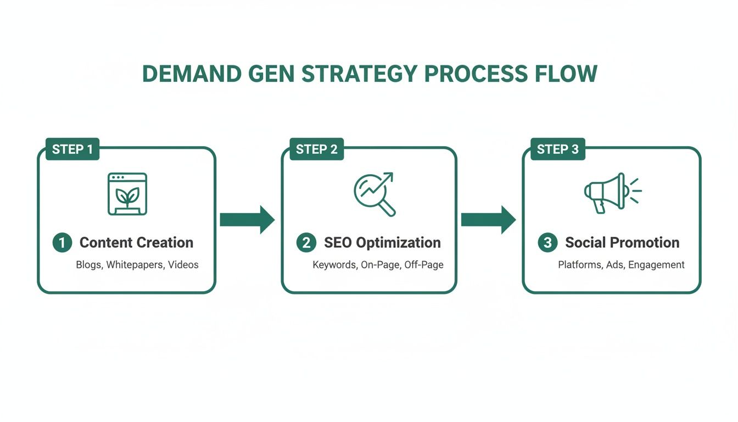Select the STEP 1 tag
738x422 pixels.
pyautogui.click(x=72, y=149)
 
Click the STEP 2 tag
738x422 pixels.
pyautogui.click(x=316, y=149)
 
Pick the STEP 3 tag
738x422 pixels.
pyautogui.click(x=557, y=149)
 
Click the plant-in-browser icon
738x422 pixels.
pyautogui.click(x=127, y=193)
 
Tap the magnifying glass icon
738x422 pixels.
pyautogui.click(x=374, y=193)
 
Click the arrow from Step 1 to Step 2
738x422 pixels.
pyautogui.click(x=247, y=220)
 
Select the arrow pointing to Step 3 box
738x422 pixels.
pyautogui.click(x=488, y=220)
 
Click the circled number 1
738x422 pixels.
pyautogui.click(x=62, y=243)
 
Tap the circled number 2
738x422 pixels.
pyautogui.click(x=306, y=243)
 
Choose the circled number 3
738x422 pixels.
pyautogui.click(x=547, y=243)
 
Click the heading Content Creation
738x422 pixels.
pyautogui.click(x=136, y=243)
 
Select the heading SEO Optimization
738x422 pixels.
pyautogui.click(x=382, y=243)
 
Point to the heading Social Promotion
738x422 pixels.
pyautogui.click(x=622, y=243)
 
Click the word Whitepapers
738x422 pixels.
pyautogui.click(x=135, y=265)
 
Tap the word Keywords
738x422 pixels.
pyautogui.click(x=334, y=265)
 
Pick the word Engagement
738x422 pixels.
pyautogui.click(x=656, y=265)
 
